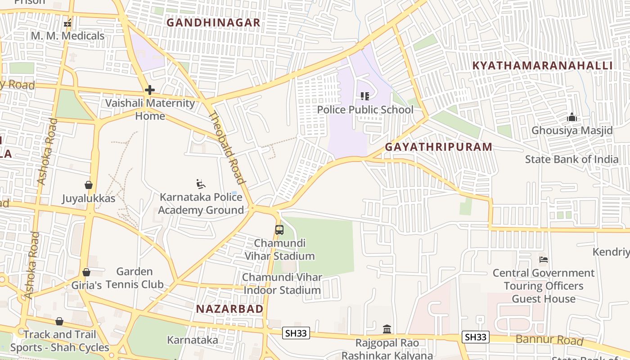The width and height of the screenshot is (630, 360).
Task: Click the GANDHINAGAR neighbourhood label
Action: click(213, 22)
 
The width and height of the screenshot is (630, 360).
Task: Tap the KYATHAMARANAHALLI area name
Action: click(542, 66)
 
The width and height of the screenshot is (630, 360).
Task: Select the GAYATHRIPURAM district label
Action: click(438, 147)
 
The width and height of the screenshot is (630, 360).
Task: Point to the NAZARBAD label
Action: click(229, 309)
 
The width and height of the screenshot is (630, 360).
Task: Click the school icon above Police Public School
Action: click(364, 96)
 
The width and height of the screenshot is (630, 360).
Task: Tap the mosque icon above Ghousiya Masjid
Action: click(572, 117)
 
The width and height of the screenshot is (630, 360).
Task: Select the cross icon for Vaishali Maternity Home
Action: click(150, 90)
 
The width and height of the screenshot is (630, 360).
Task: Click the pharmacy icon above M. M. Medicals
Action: click(67, 23)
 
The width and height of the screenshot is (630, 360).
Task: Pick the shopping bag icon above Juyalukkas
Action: click(89, 185)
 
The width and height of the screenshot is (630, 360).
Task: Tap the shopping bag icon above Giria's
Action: click(86, 272)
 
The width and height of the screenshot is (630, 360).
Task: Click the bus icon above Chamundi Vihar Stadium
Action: click(279, 230)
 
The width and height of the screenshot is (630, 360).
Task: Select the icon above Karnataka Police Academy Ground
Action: click(201, 184)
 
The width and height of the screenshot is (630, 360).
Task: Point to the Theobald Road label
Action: click(227, 148)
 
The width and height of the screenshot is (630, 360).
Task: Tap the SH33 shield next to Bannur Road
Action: click(476, 337)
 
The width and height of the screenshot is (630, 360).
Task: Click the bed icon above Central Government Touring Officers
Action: click(544, 260)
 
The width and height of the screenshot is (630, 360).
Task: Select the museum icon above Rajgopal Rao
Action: click(387, 329)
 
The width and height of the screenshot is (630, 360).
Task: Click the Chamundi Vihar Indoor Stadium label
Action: click(282, 283)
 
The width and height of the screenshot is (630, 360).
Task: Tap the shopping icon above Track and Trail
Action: click(59, 321)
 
